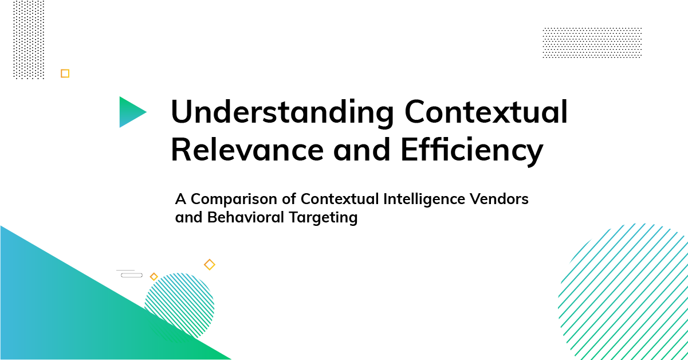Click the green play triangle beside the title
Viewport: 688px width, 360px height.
click(x=131, y=112)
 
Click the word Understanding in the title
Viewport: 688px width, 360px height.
click(x=282, y=112)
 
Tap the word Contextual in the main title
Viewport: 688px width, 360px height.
click(x=486, y=111)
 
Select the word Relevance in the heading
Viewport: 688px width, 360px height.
click(x=247, y=150)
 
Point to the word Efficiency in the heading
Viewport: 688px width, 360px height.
click(x=472, y=151)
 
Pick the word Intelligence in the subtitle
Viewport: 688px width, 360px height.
click(x=424, y=199)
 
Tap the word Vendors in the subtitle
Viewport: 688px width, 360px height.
click(x=499, y=199)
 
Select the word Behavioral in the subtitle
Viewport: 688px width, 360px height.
click(x=245, y=217)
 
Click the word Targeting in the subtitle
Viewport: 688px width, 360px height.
click(x=323, y=218)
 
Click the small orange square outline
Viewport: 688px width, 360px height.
click(x=65, y=73)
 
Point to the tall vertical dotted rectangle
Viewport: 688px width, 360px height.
click(x=29, y=40)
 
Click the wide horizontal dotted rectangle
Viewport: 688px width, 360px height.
click(x=592, y=43)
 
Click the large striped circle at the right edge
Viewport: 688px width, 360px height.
click(x=623, y=291)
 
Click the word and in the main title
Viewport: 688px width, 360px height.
click(x=362, y=150)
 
